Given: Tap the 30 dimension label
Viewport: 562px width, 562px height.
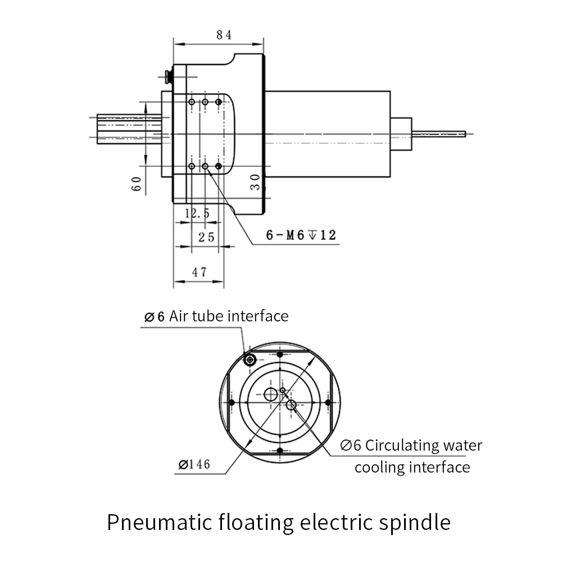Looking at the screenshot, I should point(255,181).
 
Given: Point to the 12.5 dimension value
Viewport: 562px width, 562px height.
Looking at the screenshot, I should point(197,213).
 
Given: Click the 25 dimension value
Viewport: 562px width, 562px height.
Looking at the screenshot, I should point(206,237).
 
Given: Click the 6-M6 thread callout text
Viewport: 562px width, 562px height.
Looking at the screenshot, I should point(301,235).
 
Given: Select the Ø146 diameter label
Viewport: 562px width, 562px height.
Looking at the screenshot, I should point(193,464).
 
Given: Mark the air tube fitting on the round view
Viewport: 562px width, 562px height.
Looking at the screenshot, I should point(250,359).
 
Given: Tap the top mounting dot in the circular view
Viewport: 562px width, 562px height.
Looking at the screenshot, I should point(280,355).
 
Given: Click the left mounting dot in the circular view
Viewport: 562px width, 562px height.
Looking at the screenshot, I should point(232,402).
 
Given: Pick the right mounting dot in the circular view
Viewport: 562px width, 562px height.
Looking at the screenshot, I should point(328,402).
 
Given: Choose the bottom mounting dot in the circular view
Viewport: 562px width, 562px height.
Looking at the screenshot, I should point(280,450).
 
